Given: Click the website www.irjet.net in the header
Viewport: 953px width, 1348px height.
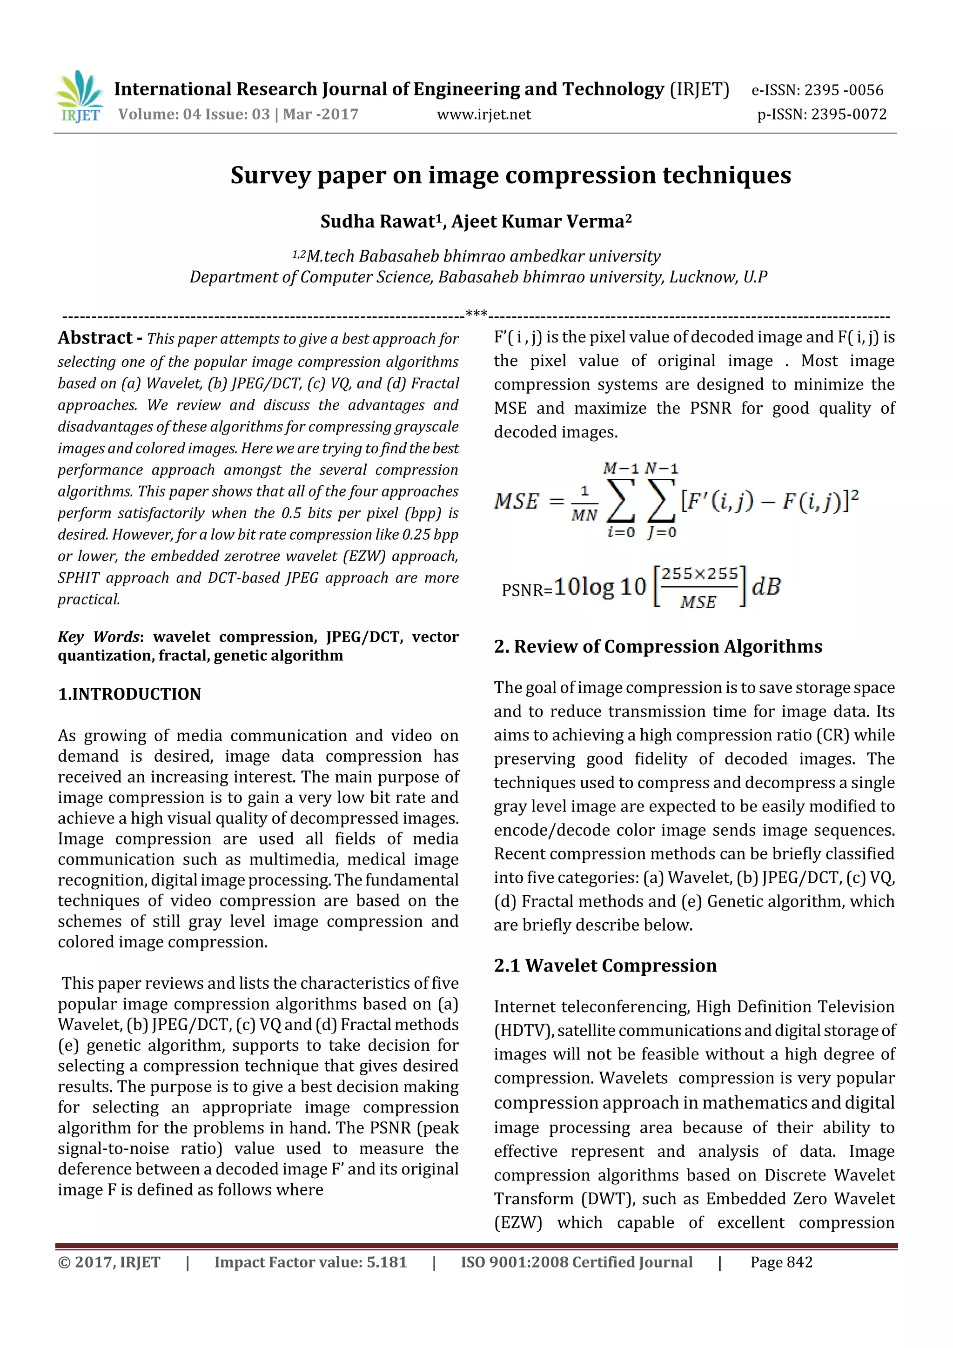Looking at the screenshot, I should [483, 114].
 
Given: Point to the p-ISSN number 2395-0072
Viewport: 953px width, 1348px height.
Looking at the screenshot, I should [848, 114].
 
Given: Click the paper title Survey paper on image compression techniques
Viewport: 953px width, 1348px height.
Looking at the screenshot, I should [510, 175].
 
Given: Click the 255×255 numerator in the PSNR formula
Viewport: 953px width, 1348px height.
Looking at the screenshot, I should [699, 574].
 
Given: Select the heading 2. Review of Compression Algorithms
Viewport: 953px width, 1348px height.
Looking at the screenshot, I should [658, 646].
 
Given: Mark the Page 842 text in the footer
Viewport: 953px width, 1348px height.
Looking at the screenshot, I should [781, 1262].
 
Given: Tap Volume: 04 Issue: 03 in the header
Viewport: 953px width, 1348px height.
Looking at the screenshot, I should [194, 114].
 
